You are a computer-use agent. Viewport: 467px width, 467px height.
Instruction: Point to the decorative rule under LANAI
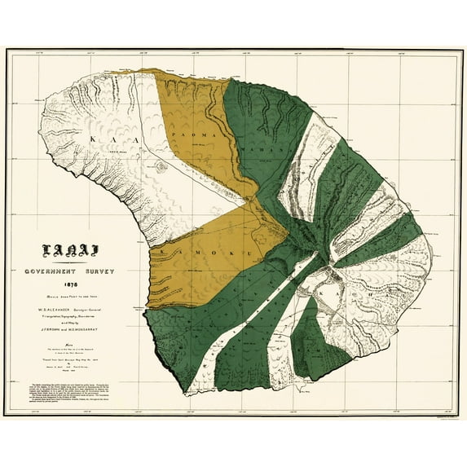(69, 262)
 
